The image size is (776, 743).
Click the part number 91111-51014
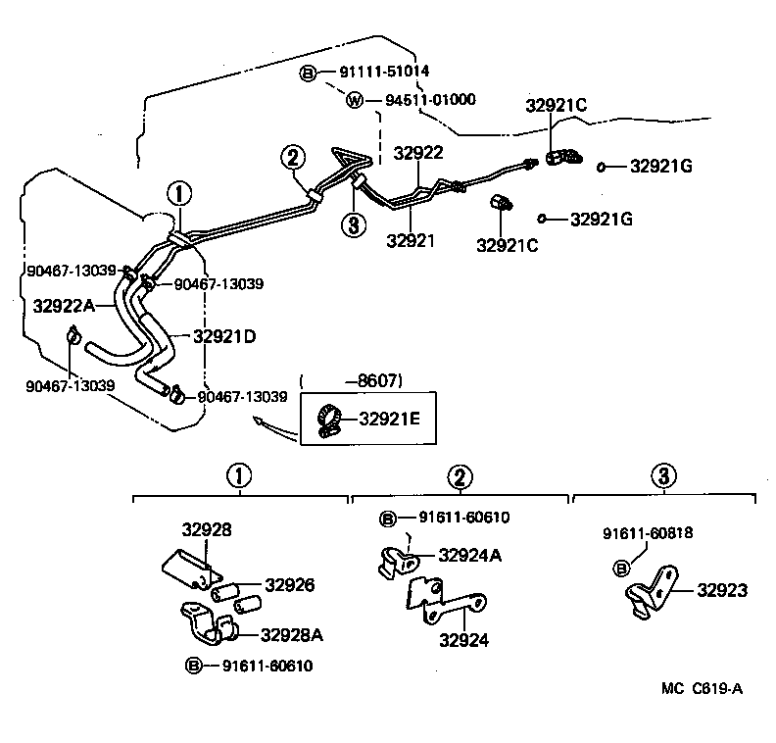[384, 72]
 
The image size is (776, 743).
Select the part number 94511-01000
[430, 100]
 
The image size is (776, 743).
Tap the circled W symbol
[355, 101]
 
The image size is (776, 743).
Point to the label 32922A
[64, 307]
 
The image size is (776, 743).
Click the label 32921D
[224, 336]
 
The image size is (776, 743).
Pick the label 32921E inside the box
[389, 419]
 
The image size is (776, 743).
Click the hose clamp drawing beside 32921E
[329, 421]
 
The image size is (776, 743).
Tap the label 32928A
[292, 635]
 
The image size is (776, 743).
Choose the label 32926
[289, 585]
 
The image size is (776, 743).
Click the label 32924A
[469, 556]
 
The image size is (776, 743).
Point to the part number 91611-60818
[648, 533]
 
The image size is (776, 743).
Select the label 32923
[722, 590]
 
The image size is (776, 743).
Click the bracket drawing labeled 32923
[651, 592]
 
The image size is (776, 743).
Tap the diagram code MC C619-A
[702, 688]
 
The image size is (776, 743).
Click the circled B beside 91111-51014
[308, 74]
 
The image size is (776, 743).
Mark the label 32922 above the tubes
[418, 153]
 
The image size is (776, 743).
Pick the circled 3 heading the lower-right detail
[663, 476]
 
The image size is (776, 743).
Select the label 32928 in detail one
[207, 530]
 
